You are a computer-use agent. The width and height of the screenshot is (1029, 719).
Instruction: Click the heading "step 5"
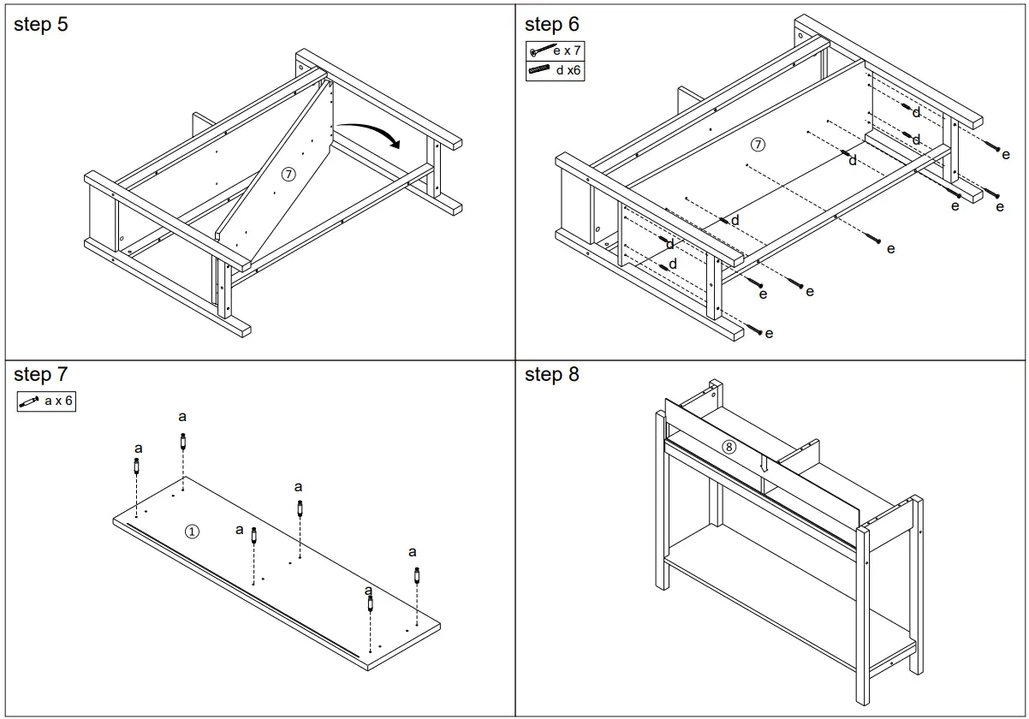(x=40, y=25)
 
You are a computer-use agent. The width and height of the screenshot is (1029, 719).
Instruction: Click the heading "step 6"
(x=551, y=25)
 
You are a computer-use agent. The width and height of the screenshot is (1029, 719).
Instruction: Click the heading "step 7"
(x=40, y=374)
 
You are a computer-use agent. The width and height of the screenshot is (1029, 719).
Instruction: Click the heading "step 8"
(x=551, y=374)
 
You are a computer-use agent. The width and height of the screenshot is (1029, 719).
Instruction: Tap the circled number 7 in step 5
(x=288, y=174)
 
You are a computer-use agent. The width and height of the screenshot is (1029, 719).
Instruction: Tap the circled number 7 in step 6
(x=758, y=144)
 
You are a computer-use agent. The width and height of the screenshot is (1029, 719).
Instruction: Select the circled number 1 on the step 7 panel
(x=193, y=532)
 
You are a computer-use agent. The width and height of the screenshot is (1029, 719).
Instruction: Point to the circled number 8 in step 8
(x=729, y=446)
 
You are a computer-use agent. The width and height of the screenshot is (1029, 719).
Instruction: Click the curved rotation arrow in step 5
(x=368, y=134)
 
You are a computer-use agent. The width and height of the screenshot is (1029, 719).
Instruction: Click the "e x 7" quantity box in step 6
(x=555, y=51)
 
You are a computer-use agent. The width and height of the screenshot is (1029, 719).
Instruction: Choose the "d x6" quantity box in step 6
(x=555, y=71)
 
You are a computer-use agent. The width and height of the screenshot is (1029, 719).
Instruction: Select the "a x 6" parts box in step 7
(x=46, y=401)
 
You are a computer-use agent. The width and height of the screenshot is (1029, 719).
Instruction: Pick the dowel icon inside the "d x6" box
(x=539, y=71)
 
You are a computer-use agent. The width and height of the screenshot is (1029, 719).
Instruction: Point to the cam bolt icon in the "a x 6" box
(x=30, y=401)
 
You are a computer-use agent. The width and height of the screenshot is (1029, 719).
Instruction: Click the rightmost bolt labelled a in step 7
(x=417, y=574)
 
